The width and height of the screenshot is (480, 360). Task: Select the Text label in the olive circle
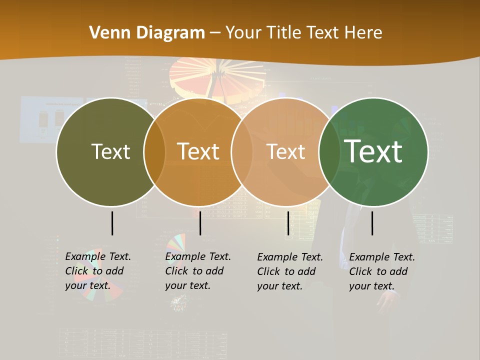click(x=110, y=151)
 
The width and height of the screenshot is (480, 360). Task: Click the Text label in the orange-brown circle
click(x=198, y=151)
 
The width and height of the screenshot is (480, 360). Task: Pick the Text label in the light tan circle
click(x=285, y=151)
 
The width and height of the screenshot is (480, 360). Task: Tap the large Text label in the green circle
click(x=373, y=151)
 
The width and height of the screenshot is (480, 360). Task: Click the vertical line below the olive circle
click(x=112, y=223)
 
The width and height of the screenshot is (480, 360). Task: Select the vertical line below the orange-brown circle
click(x=200, y=223)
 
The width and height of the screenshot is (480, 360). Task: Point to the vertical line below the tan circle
click(x=288, y=223)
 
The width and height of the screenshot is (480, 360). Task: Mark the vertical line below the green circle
click(x=372, y=223)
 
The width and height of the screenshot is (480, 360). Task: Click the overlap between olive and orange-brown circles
click(x=154, y=152)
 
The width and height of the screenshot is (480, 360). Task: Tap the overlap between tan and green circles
click(x=329, y=152)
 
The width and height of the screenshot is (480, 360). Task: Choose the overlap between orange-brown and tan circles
click(x=242, y=152)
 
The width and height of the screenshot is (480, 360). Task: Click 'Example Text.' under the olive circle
click(x=98, y=256)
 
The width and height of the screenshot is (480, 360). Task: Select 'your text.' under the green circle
click(x=372, y=286)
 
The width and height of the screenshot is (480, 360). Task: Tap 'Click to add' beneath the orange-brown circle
click(x=194, y=271)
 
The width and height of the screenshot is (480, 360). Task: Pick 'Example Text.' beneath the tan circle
click(x=290, y=257)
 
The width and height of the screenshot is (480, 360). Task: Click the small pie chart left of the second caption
click(x=176, y=242)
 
